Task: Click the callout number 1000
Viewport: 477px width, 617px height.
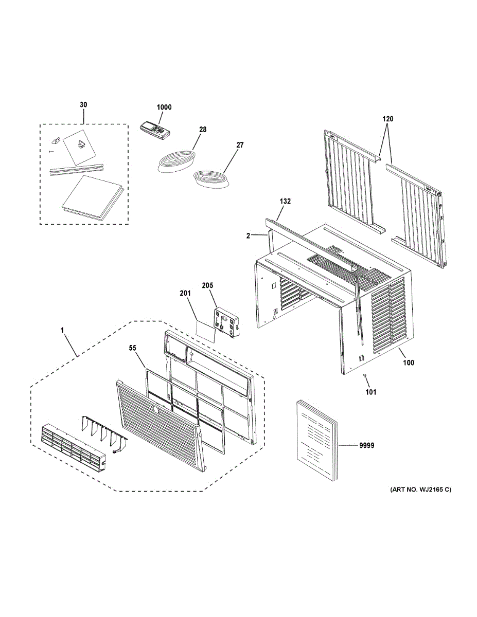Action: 165,107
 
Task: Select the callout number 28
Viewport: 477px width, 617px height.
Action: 202,130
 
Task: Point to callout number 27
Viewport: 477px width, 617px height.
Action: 240,146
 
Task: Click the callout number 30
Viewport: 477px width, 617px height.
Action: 83,105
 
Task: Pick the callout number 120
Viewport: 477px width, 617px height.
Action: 387,119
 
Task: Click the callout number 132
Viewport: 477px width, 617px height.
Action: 286,202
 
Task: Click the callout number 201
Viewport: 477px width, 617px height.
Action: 185,294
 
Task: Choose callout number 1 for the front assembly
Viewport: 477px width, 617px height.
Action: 62,332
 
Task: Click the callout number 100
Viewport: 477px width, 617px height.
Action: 408,362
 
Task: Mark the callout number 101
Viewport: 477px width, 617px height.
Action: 370,392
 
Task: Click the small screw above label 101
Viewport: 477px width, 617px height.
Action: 364,377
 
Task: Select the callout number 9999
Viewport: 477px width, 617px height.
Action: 366,446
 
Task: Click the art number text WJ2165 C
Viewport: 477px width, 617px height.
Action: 420,490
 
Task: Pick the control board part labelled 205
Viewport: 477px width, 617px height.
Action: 227,322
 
